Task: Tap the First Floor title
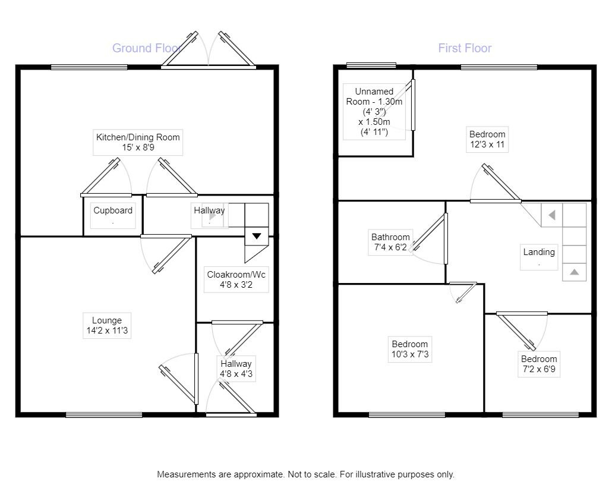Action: [465, 48]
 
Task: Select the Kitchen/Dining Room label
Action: [138, 142]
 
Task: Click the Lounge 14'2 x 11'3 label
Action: [107, 326]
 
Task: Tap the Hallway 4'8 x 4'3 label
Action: [236, 369]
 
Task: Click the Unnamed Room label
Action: [374, 112]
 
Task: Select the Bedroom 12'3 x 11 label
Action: [487, 139]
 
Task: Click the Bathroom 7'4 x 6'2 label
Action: [390, 242]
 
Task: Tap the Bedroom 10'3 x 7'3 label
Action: [409, 349]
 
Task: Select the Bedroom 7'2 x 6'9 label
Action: [539, 364]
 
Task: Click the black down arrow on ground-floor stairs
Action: [256, 236]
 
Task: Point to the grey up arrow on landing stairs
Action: [574, 272]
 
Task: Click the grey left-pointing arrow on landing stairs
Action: [551, 215]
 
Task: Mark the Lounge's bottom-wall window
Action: [104, 414]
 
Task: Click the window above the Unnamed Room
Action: [372, 65]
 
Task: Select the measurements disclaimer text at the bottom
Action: [305, 474]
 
